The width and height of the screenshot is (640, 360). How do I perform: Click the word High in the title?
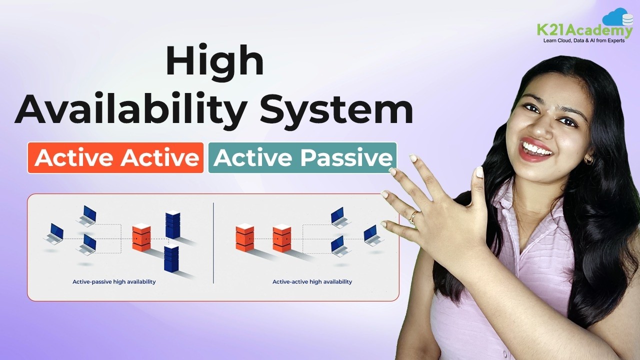214,61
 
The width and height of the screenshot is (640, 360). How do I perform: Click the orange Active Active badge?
116,158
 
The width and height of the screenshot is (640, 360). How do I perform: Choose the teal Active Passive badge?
302,158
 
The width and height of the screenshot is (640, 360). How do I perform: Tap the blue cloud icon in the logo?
617,17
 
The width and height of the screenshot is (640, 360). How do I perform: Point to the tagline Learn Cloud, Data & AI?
583,40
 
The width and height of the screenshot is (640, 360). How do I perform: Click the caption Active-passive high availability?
114,282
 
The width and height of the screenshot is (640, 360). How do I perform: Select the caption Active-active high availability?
312,282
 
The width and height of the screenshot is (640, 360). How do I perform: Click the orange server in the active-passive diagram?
141,237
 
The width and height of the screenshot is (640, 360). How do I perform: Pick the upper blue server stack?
172,225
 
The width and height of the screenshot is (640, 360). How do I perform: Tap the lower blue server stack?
171,258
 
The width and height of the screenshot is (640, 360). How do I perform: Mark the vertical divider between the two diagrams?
213,242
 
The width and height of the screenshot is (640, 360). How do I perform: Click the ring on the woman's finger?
413,218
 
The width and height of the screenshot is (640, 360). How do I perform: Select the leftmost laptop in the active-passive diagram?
54,232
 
